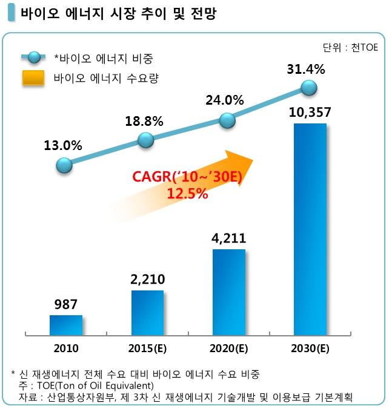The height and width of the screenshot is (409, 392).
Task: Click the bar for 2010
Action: (66, 325)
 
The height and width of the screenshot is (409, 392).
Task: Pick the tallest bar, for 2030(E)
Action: (310, 229)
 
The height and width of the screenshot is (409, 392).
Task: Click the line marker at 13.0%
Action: (64, 165)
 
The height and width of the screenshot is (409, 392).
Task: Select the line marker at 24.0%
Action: (227, 120)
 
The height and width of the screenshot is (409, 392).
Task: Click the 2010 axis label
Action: (65, 348)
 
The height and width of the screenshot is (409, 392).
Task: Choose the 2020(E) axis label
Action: (228, 348)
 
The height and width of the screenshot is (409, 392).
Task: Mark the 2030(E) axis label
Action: (310, 348)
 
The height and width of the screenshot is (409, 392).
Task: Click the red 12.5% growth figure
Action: (187, 194)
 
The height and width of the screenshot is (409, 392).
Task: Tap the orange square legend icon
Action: (34, 78)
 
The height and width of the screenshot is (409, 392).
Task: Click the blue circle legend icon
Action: (34, 58)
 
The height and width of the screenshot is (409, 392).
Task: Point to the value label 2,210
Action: (147, 280)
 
